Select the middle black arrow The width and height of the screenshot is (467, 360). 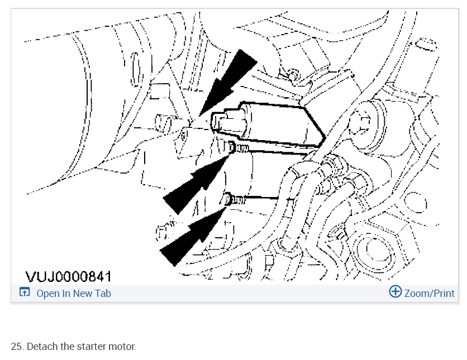pos(198,181)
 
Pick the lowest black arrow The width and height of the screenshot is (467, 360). pos(194,235)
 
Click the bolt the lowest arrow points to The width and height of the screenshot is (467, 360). pos(235,199)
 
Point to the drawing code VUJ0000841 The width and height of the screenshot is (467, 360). pos(69,276)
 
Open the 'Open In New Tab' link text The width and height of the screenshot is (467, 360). pos(74,294)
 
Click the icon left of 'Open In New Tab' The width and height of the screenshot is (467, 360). pos(25,292)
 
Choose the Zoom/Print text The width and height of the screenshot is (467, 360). pos(429,294)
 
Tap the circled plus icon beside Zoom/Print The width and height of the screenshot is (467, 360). pos(395,291)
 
